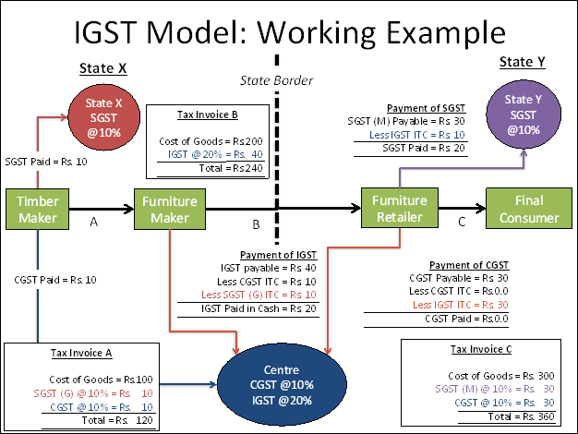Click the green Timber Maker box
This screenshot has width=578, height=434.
click(x=37, y=209)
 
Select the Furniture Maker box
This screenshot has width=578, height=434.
click(x=172, y=209)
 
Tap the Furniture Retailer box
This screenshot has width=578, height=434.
click(x=399, y=209)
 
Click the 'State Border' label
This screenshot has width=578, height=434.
click(x=276, y=80)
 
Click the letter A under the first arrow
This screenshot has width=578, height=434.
click(x=93, y=223)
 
